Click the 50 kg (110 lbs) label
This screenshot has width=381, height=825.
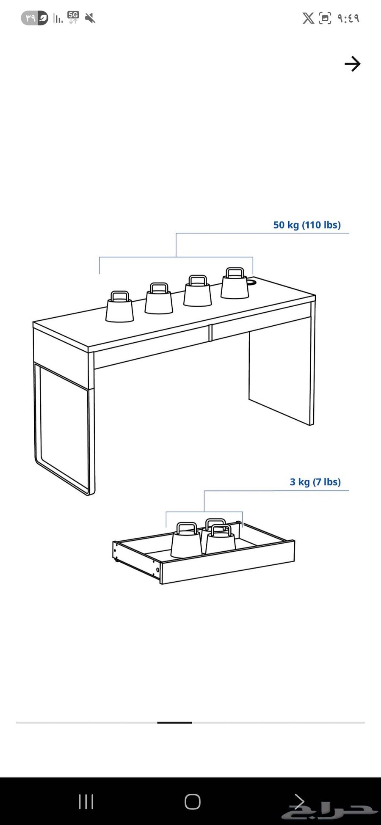click(x=307, y=225)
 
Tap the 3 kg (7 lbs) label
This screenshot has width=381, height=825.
click(x=315, y=482)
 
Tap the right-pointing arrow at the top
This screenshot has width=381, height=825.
click(x=352, y=64)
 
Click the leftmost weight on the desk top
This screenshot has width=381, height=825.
click(x=119, y=307)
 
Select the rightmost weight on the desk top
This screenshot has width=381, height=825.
click(x=235, y=283)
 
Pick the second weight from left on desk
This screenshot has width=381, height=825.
click(x=159, y=298)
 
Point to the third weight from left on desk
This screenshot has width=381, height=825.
click(x=197, y=291)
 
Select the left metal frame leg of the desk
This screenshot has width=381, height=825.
click(x=63, y=427)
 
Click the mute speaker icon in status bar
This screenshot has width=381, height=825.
click(x=90, y=18)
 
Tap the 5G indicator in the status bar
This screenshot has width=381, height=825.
click(x=73, y=17)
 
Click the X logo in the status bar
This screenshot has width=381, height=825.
click(x=308, y=18)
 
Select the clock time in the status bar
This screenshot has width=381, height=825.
click(x=348, y=18)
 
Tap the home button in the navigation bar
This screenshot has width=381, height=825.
click(x=193, y=801)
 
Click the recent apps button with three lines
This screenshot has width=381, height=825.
click(x=86, y=801)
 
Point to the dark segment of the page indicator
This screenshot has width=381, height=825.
click(x=174, y=723)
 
